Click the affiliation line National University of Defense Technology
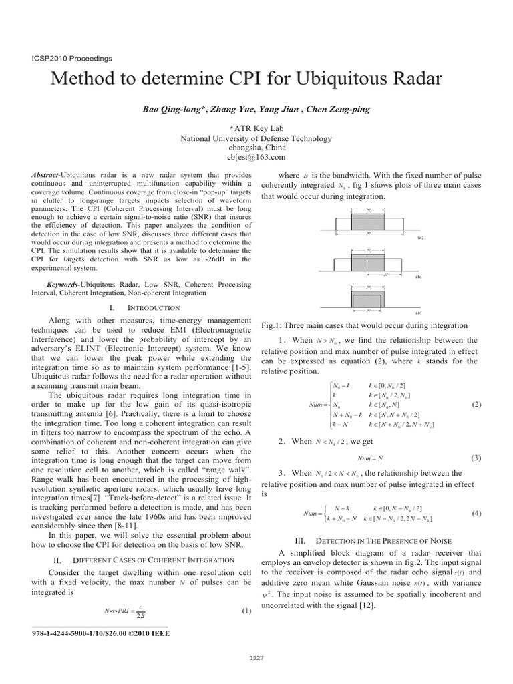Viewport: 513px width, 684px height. point(256,138)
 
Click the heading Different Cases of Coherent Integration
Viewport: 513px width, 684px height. point(152,558)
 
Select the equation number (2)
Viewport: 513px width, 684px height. point(476,404)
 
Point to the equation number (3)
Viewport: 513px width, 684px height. point(476,458)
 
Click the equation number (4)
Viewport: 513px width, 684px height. point(476,513)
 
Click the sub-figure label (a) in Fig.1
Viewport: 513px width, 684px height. point(419,237)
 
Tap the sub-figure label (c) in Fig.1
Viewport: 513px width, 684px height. point(418,312)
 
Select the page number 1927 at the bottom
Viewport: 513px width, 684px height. point(256,658)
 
